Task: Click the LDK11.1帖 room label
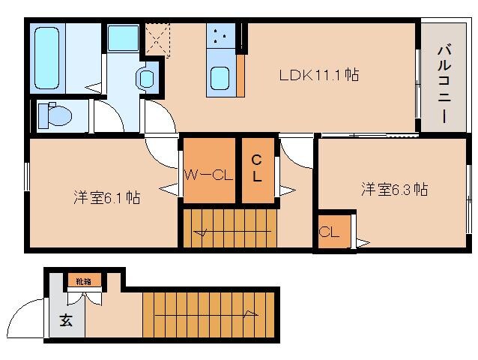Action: click(318, 75)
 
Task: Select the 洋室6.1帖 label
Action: click(106, 198)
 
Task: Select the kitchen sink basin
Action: click(221, 77)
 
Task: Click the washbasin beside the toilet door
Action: click(147, 78)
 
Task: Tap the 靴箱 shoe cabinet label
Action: click(82, 282)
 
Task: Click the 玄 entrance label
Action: click(66, 322)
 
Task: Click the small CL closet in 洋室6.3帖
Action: click(330, 232)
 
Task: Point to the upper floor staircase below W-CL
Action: click(229, 228)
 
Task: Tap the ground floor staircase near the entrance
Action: click(210, 313)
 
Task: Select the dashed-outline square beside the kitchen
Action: click(158, 40)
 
